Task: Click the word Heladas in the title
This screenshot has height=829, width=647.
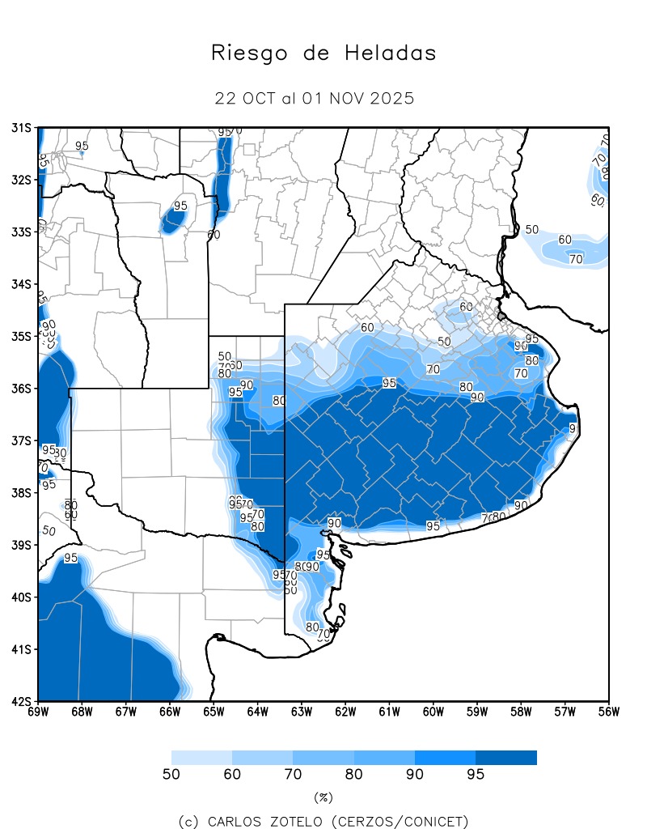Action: pos(391,53)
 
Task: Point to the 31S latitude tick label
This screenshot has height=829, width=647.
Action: pos(21,127)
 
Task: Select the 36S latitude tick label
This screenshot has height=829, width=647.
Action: pos(21,389)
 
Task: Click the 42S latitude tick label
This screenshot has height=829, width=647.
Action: pos(21,701)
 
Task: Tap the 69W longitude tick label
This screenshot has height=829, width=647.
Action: pos(38,712)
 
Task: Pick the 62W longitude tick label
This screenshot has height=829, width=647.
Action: pos(345,712)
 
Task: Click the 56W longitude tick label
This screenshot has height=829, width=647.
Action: pos(609,712)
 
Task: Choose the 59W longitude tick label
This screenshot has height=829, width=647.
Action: pos(477,712)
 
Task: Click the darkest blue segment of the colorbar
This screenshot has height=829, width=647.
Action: pos(506,758)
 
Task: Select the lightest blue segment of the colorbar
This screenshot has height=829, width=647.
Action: pos(201,758)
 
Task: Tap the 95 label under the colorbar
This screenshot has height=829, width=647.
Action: pos(476,775)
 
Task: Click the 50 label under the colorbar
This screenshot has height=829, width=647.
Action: pos(171,775)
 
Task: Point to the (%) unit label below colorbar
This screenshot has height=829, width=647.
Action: pos(323,797)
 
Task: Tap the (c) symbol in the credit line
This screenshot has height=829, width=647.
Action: pos(189,822)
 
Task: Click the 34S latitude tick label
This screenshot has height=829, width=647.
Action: pos(21,284)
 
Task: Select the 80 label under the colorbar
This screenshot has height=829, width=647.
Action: pos(353,775)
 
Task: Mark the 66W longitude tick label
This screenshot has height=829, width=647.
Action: pos(170,712)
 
